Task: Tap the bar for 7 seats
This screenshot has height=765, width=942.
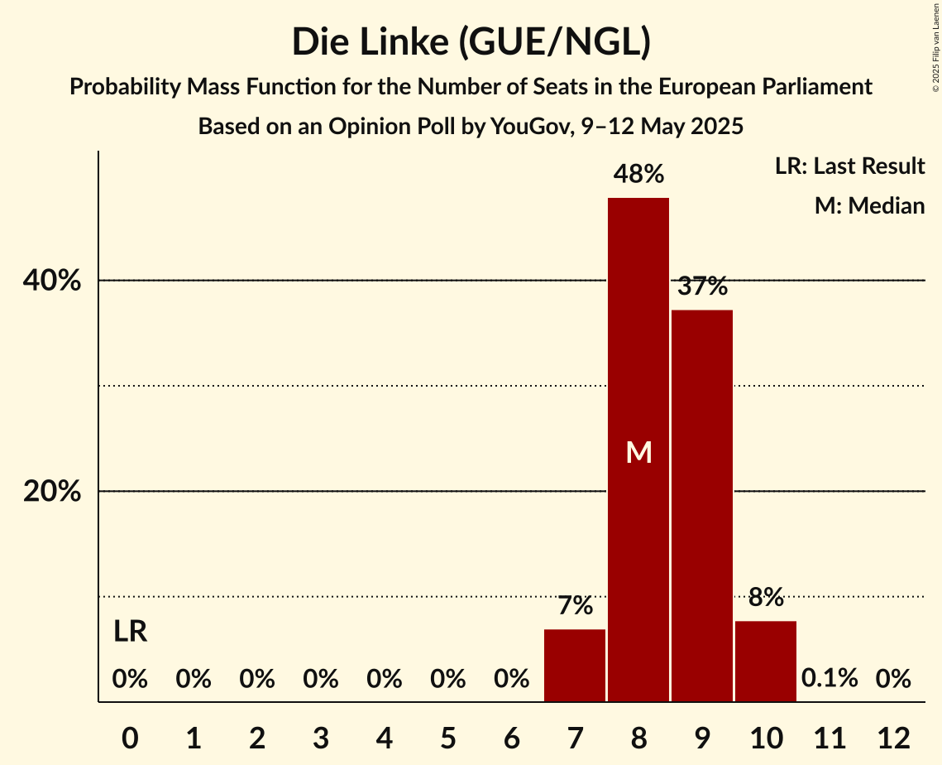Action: click(x=575, y=666)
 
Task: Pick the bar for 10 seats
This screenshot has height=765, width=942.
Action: click(x=766, y=662)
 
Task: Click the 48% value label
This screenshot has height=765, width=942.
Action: click(x=638, y=174)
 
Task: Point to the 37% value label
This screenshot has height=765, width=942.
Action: click(x=702, y=286)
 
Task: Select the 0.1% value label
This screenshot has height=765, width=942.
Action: click(x=830, y=679)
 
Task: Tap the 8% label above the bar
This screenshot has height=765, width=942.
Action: click(x=766, y=597)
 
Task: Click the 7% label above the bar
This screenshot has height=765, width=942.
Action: click(x=575, y=606)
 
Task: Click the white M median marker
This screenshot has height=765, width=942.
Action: click(x=638, y=452)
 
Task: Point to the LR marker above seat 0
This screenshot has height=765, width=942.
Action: click(x=130, y=633)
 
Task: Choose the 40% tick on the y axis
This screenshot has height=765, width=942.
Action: click(x=51, y=281)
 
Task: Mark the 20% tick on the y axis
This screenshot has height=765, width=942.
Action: click(x=51, y=492)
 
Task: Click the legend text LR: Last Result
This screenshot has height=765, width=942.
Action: click(x=849, y=166)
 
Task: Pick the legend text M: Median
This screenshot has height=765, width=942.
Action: click(x=869, y=205)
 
